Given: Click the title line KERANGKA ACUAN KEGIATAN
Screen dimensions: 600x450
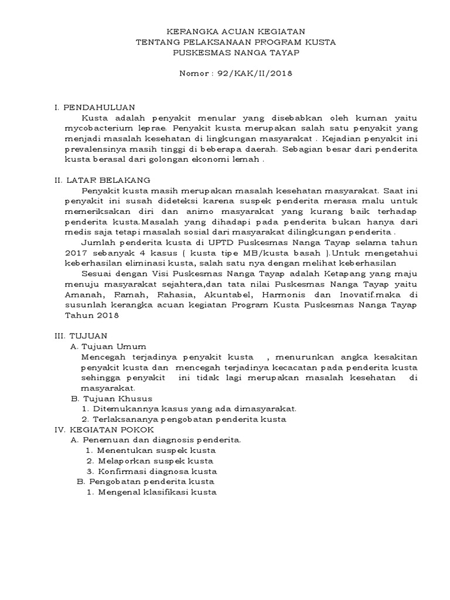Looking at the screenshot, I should (236, 31).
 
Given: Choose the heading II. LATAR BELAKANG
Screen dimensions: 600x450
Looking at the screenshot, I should (101, 179).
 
